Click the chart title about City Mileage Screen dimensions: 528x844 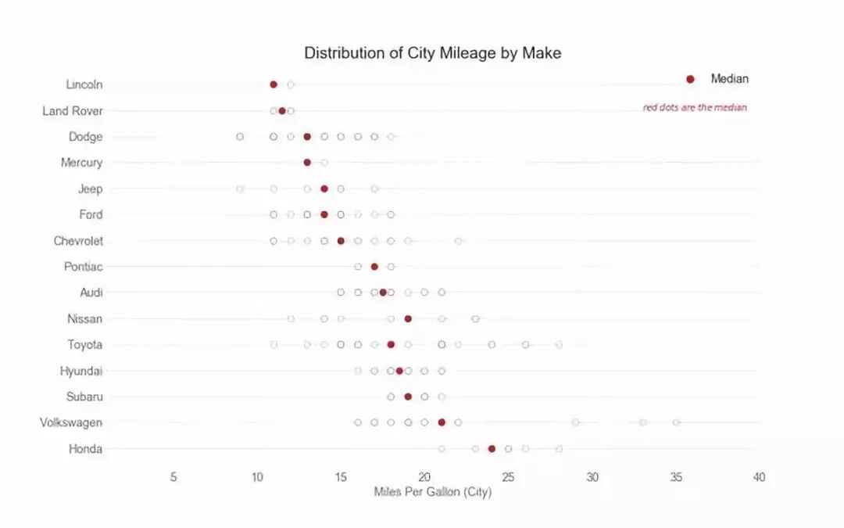pos(432,53)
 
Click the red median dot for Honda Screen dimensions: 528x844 pos(492,448)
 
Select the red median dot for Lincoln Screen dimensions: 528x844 pos(274,84)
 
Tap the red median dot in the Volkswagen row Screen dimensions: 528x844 pos(442,422)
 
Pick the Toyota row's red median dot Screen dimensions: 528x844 pos(391,344)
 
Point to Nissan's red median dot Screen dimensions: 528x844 pos(408,318)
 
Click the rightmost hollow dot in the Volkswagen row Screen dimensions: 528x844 pos(676,422)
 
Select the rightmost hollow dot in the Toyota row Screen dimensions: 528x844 pos(559,344)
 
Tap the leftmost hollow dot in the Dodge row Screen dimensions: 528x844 pos(240,137)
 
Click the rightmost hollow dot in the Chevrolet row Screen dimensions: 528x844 pos(458,241)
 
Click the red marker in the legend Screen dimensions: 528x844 pos(690,79)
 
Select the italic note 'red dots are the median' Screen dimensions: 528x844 pos(694,108)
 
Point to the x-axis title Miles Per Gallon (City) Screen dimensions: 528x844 pos(432,492)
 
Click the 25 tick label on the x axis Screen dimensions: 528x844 pos(508,476)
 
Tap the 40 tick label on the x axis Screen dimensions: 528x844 pos(759,476)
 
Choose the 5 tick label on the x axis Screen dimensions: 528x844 pos(173,476)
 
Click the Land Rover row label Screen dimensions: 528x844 pos(72,111)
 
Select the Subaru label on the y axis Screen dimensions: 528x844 pos(84,397)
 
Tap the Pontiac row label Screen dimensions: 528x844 pos(83,267)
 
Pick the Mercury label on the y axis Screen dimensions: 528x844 pos(81,163)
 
